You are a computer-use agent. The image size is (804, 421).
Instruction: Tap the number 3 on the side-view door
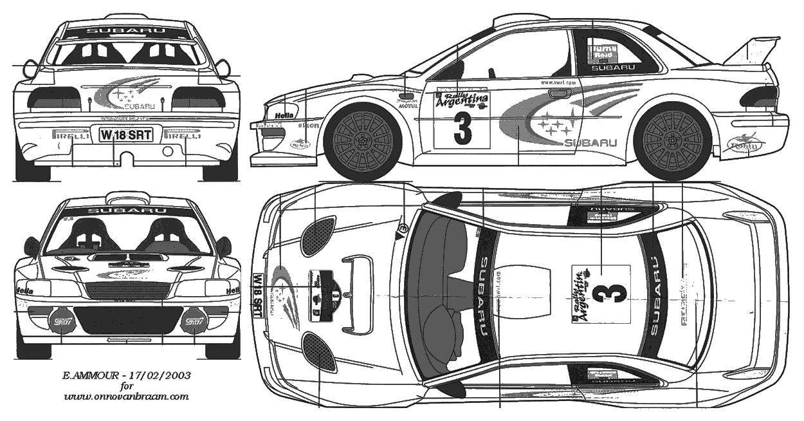462,128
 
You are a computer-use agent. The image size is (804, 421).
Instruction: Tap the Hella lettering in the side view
284,115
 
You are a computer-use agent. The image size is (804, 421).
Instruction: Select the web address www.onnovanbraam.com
127,397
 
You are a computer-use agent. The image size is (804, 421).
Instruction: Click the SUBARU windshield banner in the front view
127,210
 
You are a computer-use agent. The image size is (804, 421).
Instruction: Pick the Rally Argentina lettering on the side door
462,100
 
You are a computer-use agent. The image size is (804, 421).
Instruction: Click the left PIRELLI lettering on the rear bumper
71,135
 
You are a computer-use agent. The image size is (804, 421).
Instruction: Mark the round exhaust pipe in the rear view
168,152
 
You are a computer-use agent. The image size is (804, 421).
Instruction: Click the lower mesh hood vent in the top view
316,351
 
